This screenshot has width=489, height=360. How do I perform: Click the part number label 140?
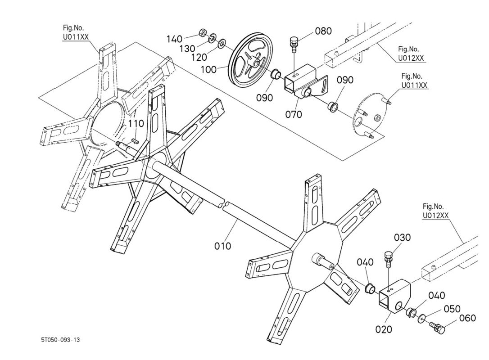174,39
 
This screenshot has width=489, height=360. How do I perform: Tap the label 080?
323,31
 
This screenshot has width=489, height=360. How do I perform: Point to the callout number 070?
293,114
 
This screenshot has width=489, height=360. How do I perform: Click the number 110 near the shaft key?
136,123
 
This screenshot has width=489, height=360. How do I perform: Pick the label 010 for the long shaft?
222,246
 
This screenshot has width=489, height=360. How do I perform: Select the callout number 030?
402,238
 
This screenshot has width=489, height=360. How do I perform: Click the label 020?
384,329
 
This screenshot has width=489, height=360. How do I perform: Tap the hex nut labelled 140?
203,33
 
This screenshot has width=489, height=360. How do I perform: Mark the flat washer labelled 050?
421,319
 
